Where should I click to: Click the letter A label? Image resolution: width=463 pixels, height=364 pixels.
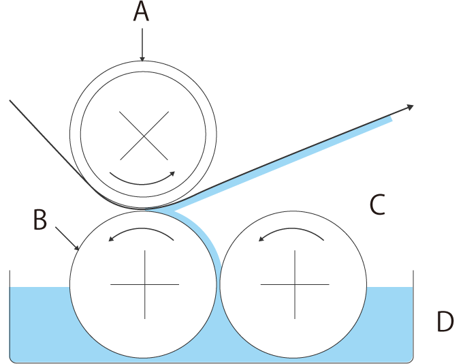tap(140, 12)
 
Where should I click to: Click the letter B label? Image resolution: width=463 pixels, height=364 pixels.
tap(39, 219)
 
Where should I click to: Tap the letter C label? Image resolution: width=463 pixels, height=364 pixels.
tap(377, 204)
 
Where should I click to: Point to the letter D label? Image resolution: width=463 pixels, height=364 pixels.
tap(445, 322)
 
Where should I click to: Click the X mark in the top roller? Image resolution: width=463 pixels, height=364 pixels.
tap(143, 136)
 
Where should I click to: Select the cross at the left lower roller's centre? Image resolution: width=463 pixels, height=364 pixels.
tap(144, 284)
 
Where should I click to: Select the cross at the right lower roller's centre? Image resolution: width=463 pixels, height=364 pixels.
tap(295, 284)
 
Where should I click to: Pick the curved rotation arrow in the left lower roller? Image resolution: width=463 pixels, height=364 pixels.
tap(143, 232)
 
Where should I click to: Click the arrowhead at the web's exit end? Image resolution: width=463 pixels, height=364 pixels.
tap(410, 106)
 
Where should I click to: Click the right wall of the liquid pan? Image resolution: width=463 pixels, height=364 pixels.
tap(413, 314)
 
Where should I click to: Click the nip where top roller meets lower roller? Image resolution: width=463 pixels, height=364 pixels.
tap(144, 209)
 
